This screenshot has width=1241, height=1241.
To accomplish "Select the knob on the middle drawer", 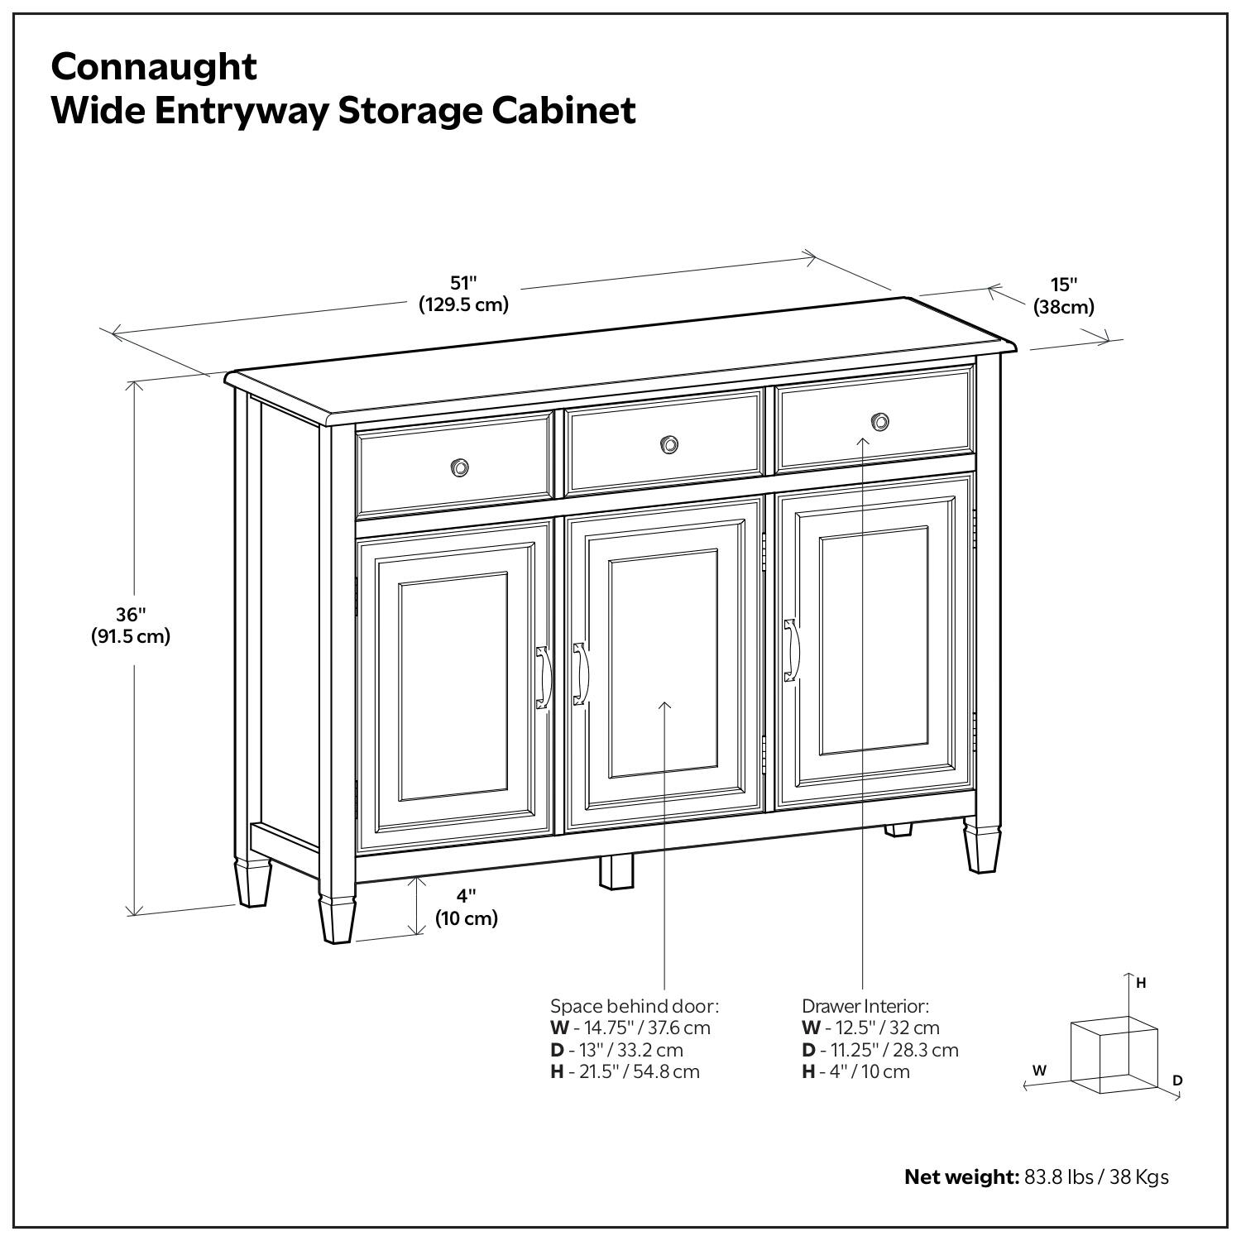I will tap(668, 445).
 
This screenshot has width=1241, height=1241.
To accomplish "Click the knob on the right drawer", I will tap(880, 423).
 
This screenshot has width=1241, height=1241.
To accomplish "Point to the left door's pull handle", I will tap(543, 678).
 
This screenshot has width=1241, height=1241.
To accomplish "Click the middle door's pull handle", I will tap(581, 673).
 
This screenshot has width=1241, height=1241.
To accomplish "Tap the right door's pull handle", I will tap(791, 650).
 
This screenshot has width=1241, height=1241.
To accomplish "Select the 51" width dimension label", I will tap(463, 294).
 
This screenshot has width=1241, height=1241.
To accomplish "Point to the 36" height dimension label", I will tap(131, 625).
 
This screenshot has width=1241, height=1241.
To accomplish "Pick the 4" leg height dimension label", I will tap(467, 907).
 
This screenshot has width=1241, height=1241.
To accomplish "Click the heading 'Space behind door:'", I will tap(635, 1007).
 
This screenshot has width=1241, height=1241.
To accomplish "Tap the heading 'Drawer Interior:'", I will tap(865, 1007).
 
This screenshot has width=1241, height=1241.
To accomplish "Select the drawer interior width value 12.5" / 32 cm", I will tap(882, 1028).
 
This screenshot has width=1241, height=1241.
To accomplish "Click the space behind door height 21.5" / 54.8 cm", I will tap(635, 1072).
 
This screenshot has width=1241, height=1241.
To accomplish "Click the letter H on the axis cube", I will tap(1141, 984).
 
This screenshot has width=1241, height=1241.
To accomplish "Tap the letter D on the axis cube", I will tap(1177, 1080).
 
